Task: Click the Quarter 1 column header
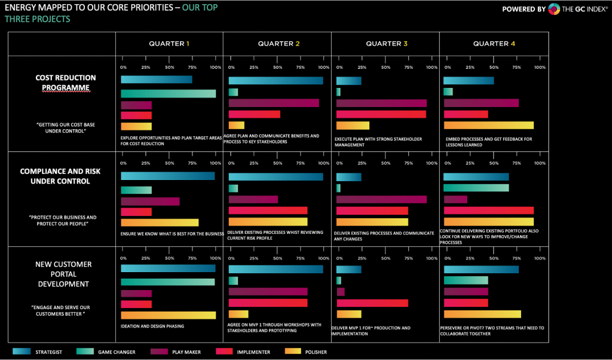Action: click(169, 44)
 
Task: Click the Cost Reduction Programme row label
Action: click(65, 83)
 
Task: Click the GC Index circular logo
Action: click(554, 9)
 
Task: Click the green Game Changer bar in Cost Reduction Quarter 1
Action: click(168, 94)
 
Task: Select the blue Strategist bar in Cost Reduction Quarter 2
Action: click(276, 81)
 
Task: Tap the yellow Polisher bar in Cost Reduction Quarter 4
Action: click(488, 126)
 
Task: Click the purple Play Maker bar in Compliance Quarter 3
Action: click(381, 199)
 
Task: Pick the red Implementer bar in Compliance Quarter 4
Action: click(488, 210)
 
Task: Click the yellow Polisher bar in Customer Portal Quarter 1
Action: click(168, 315)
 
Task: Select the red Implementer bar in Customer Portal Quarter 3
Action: click(372, 303)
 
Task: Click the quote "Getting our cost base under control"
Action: click(65, 127)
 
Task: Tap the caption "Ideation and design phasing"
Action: click(152, 326)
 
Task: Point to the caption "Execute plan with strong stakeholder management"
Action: click(378, 142)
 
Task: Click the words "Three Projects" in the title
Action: click(37, 19)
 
